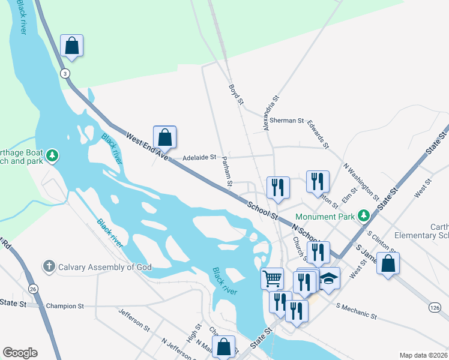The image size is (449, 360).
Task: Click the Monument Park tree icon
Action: (x=363, y=215)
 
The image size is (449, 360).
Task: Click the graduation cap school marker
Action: (x=328, y=279)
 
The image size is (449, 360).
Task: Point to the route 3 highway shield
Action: (x=64, y=73)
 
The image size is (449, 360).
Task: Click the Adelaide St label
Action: (x=199, y=157)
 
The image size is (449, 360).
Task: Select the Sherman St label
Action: (x=287, y=121)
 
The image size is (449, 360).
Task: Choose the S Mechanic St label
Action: (x=357, y=311)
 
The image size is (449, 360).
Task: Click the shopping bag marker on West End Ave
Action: (x=165, y=137)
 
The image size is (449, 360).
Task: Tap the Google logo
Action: (x=20, y=353)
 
